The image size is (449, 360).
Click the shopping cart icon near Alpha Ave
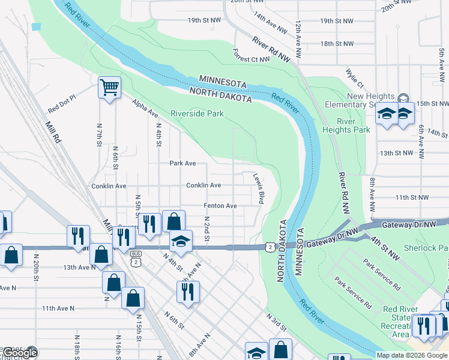coord(109,88)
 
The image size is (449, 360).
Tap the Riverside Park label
coord(197,113)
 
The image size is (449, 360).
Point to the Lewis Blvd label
coord(259,189)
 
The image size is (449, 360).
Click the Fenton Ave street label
coord(220,206)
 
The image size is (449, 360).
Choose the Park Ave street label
coord(182,163)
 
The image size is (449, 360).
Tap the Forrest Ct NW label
coord(252,59)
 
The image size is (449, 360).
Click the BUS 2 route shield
coord(137,258)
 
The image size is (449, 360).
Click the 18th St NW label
coord(337,44)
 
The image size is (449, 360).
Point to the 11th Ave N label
coord(58,308)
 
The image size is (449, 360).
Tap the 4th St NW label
coord(384,248)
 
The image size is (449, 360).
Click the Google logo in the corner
coord(20,353)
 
